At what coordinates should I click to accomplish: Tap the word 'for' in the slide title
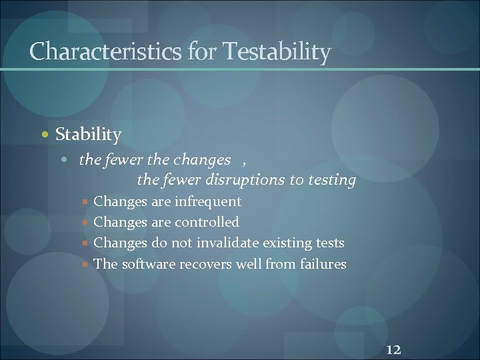click(x=202, y=51)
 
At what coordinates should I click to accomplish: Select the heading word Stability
click(x=88, y=135)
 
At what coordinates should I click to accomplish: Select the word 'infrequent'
click(x=209, y=201)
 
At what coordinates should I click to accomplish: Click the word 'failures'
click(x=323, y=264)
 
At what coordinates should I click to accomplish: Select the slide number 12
click(x=393, y=349)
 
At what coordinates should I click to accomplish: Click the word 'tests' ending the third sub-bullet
click(x=331, y=243)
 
